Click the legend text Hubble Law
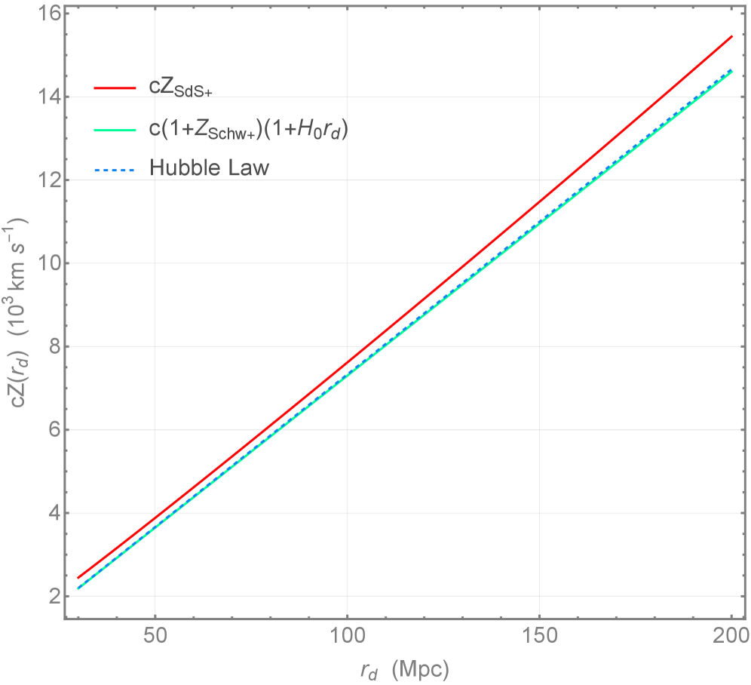(x=209, y=167)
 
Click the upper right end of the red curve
(x=732, y=36)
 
